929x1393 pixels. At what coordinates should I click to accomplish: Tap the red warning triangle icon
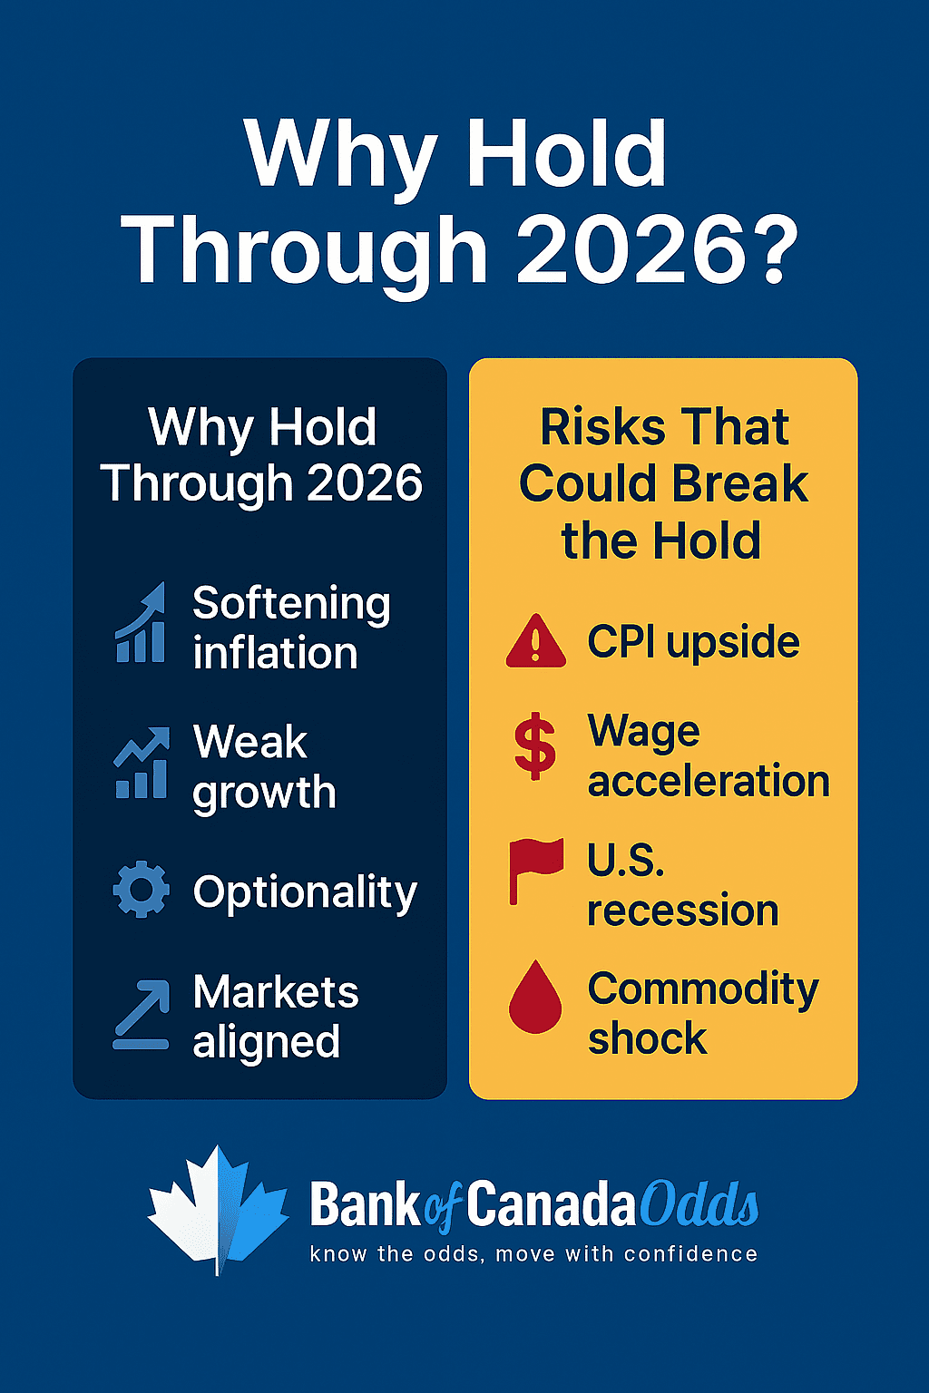tap(536, 641)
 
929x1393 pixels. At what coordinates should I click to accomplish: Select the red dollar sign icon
tap(534, 746)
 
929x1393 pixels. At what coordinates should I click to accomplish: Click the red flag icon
tap(535, 870)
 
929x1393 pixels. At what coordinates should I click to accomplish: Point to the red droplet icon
tap(535, 997)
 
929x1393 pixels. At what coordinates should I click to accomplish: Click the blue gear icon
tap(142, 890)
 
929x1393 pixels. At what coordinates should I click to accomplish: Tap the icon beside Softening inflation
tap(141, 622)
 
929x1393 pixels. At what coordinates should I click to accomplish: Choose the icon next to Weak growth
tap(142, 762)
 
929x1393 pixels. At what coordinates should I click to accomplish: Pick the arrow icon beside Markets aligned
tap(142, 1015)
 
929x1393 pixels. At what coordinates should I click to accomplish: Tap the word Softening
tap(292, 604)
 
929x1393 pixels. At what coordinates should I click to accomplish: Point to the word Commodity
tap(703, 989)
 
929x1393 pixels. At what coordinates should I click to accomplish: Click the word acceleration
tap(709, 781)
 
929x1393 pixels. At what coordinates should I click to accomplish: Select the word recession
tap(683, 911)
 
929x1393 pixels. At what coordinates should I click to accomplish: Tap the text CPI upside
tap(694, 642)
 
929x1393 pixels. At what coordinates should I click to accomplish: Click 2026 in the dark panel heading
tap(365, 482)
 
